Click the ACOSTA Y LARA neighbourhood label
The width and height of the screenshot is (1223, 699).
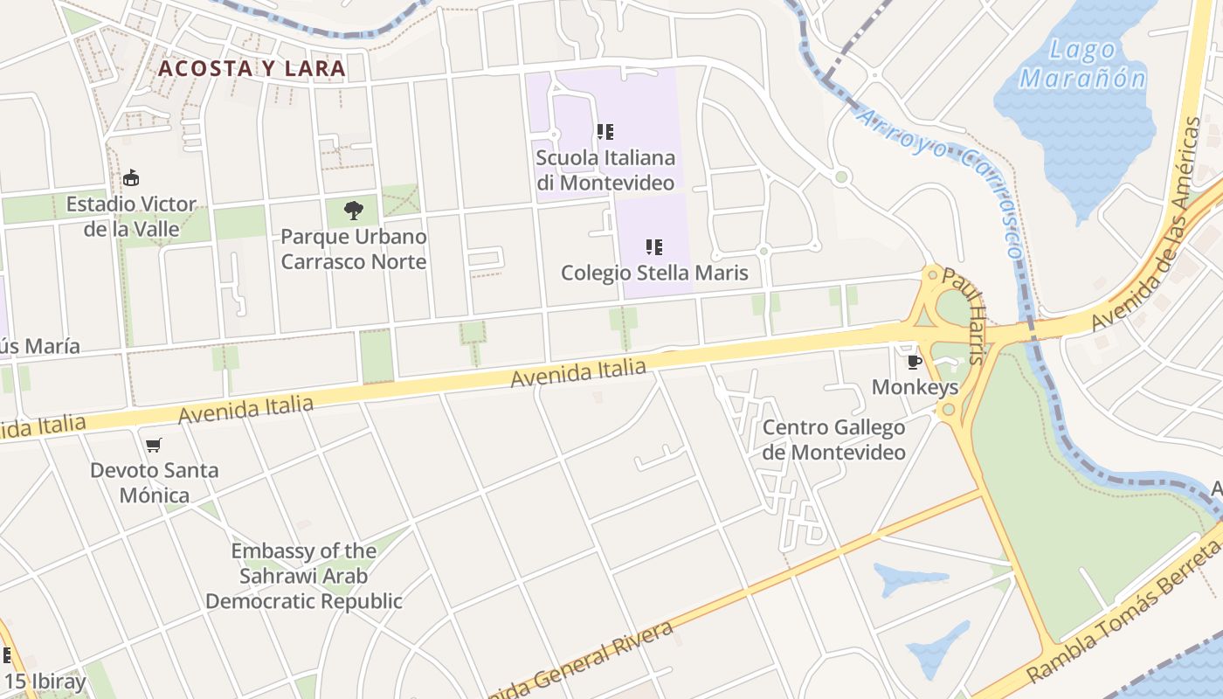click(252, 68)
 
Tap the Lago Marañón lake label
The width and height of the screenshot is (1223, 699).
click(1082, 64)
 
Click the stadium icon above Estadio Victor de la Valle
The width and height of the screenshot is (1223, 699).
click(131, 178)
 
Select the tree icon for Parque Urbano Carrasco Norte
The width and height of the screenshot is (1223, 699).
click(353, 210)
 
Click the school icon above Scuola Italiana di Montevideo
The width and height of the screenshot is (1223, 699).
click(605, 132)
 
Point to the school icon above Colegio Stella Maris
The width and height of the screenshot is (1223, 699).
click(654, 247)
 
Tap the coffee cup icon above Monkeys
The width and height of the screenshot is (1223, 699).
click(915, 362)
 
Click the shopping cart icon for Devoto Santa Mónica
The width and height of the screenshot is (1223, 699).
click(154, 446)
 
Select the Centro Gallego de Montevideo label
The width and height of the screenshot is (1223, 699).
click(833, 439)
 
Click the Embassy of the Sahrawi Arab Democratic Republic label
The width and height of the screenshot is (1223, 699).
click(304, 576)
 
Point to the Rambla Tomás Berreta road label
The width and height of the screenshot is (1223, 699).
click(1127, 611)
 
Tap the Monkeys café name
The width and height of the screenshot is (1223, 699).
click(915, 387)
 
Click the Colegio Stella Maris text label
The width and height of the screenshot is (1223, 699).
click(654, 273)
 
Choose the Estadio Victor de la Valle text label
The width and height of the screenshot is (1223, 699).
click(131, 217)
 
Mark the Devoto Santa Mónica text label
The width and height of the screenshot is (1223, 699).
click(154, 483)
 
